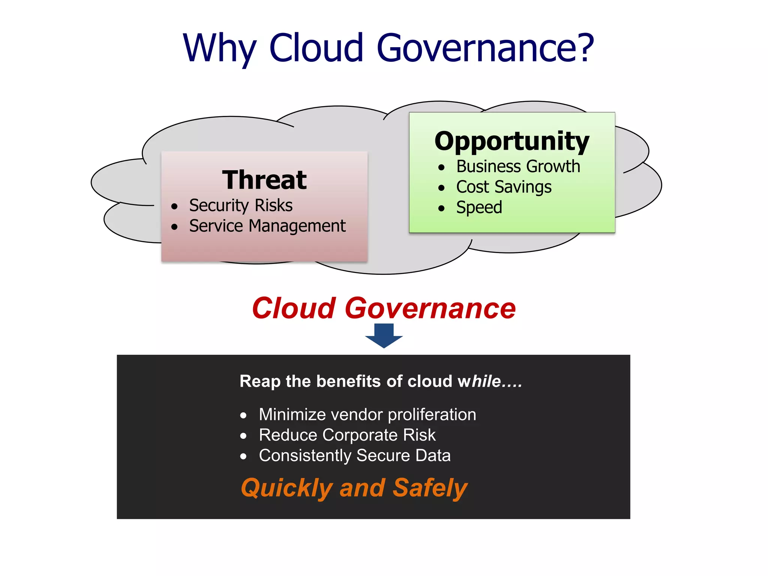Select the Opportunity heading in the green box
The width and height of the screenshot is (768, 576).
click(x=512, y=141)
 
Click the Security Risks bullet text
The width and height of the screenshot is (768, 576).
click(x=240, y=205)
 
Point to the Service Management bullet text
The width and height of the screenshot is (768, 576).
click(x=267, y=226)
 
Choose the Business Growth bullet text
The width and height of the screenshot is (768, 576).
click(x=518, y=166)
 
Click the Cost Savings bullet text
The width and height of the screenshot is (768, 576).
click(x=504, y=187)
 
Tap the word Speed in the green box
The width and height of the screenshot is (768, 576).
click(x=479, y=207)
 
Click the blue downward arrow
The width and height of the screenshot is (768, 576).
click(x=384, y=335)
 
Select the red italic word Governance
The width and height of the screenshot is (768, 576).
click(x=430, y=308)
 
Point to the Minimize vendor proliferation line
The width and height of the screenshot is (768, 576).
click(x=367, y=415)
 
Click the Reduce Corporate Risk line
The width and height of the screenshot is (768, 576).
click(x=347, y=435)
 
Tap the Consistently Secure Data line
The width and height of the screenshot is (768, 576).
click(x=354, y=456)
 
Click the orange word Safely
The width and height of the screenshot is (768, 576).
click(x=430, y=488)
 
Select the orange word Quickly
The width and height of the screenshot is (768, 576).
click(x=286, y=488)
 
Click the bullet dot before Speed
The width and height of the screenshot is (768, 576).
click(x=441, y=208)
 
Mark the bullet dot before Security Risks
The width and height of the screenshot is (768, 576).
click(x=174, y=206)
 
